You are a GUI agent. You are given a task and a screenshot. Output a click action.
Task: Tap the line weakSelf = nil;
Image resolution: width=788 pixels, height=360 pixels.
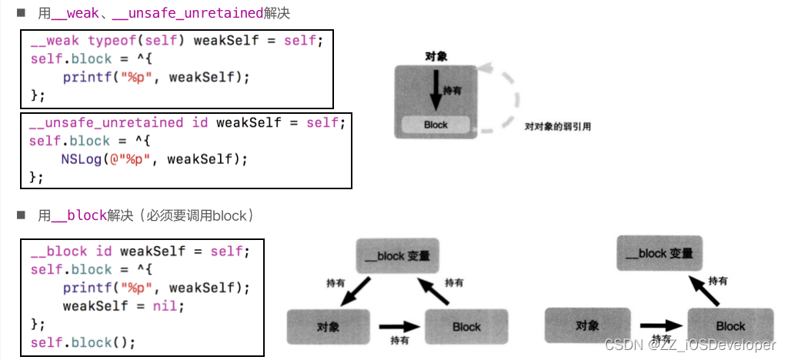(124, 305)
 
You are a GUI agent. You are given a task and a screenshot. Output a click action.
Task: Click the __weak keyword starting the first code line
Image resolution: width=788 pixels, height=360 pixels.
(55, 40)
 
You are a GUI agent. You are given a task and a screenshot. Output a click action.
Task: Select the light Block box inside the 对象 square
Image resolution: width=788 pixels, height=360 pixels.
(436, 125)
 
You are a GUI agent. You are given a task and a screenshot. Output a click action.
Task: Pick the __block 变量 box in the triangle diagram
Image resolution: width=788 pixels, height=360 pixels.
(398, 255)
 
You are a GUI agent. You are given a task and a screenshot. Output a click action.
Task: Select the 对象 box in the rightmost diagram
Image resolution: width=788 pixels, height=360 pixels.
(587, 325)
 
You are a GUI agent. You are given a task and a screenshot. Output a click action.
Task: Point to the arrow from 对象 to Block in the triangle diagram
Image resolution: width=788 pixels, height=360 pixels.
(398, 325)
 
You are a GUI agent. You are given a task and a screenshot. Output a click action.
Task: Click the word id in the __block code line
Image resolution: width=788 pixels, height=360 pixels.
(104, 252)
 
